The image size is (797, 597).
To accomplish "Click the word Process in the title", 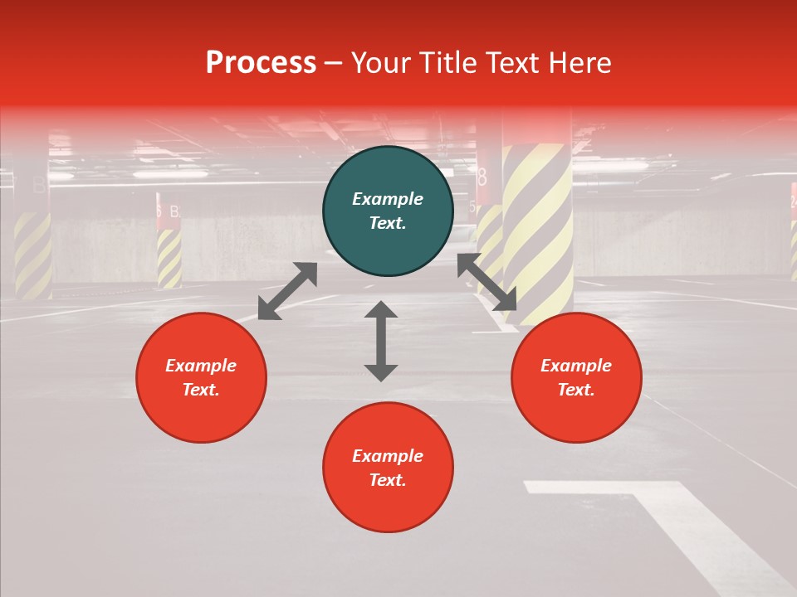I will (x=261, y=63).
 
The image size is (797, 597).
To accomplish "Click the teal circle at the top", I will (x=388, y=211).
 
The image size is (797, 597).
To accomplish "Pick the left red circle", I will (x=201, y=377).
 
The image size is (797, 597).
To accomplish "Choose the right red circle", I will (x=576, y=377).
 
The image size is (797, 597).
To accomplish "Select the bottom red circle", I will (x=388, y=467).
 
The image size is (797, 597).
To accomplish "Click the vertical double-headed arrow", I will (x=381, y=341).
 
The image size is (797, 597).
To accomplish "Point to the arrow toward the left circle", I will (x=287, y=291).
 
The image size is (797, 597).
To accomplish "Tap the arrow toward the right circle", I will (x=487, y=282).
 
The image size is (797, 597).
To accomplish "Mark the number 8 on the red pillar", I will (x=482, y=177).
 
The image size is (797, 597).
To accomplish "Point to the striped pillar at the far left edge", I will (x=32, y=253).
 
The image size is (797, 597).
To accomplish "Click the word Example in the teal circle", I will (x=388, y=199).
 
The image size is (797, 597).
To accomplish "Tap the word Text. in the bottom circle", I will (x=388, y=480).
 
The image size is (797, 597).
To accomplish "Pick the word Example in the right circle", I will (x=576, y=366).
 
